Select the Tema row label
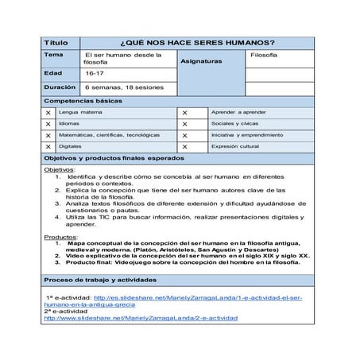point(54,56)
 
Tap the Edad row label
point(53,72)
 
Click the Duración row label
point(60,87)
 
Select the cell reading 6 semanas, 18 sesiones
point(124,87)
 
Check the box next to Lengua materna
point(49,114)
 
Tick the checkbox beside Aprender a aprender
point(185,114)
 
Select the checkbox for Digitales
point(49,147)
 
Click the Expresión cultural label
point(238,147)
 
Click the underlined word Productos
point(60,237)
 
